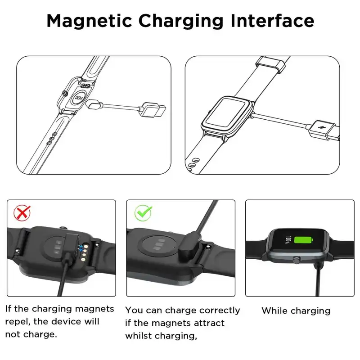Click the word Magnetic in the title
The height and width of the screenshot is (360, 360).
pyautogui.click(x=89, y=22)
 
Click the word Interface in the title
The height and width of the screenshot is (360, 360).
pyautogui.click(x=272, y=21)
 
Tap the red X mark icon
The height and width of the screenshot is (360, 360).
pyautogui.click(x=22, y=212)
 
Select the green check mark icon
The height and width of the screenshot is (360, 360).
pyautogui.click(x=143, y=212)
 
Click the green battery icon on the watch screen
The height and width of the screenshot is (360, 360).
pyautogui.click(x=303, y=240)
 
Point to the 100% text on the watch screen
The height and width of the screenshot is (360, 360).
pyautogui.click(x=288, y=240)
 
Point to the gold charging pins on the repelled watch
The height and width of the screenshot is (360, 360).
pyautogui.click(x=84, y=252)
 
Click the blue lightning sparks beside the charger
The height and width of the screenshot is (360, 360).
pyautogui.click(x=81, y=249)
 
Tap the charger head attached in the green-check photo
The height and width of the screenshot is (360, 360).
pyautogui.click(x=189, y=247)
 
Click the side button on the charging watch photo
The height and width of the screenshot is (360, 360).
pyautogui.click(x=297, y=260)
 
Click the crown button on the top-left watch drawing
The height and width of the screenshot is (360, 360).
pyautogui.click(x=65, y=93)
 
